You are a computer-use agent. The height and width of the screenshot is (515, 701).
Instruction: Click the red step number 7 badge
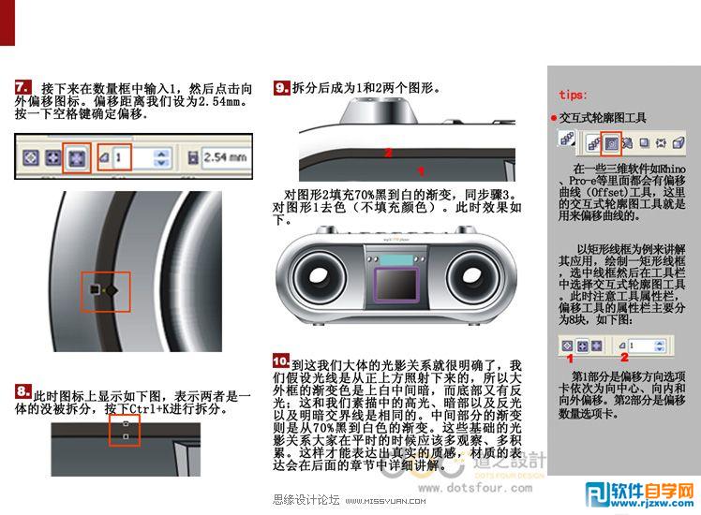point(24,87)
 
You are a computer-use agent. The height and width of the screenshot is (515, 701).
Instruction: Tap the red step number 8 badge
point(23,390)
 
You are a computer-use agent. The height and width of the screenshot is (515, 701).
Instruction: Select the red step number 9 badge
point(281,88)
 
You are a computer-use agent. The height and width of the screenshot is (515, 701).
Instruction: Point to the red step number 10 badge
point(281,360)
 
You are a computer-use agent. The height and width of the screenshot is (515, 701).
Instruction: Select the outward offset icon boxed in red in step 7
point(77,157)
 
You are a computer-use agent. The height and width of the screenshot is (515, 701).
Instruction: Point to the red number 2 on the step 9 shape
point(388,152)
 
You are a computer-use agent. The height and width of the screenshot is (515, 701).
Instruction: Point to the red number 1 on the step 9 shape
point(421,170)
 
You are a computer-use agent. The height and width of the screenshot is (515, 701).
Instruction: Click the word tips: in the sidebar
point(574,95)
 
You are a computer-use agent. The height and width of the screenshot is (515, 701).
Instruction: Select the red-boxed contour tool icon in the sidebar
point(611,142)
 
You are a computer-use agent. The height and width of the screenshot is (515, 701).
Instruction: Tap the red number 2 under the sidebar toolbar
point(623,357)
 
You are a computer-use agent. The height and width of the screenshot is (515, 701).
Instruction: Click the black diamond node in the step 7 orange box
point(112,290)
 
